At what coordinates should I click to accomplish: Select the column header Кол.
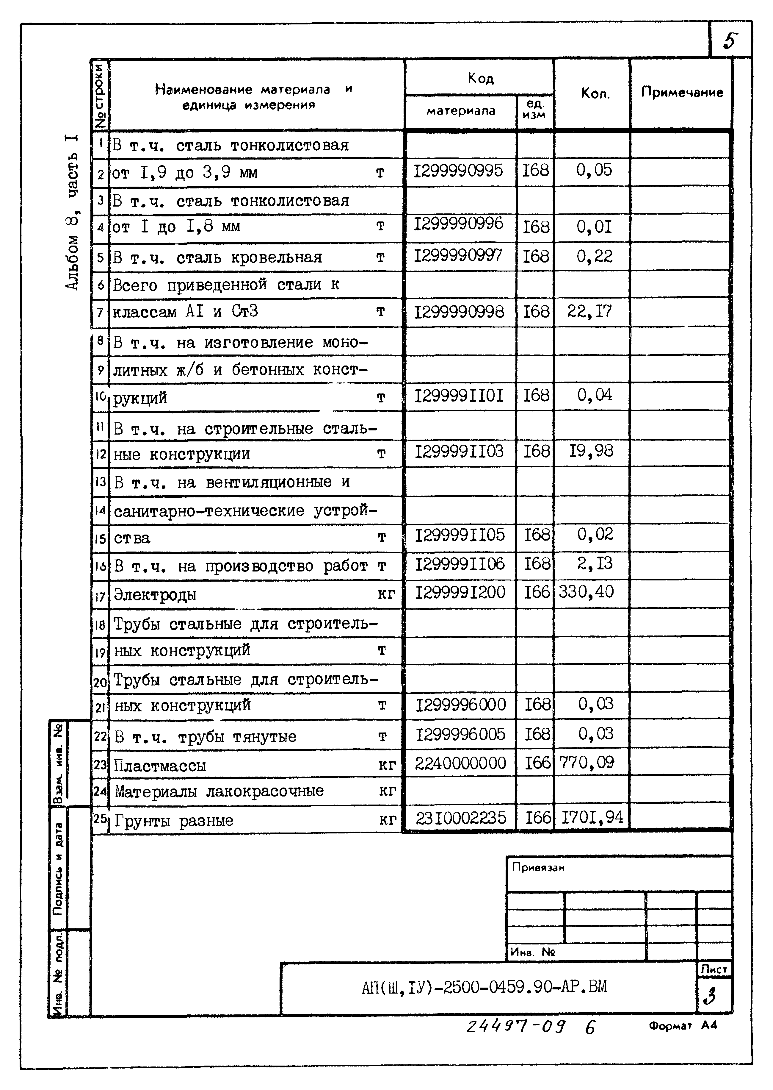595,93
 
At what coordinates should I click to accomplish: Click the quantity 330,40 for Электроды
587,592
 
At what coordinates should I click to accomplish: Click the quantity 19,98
591,451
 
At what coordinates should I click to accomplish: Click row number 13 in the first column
101,482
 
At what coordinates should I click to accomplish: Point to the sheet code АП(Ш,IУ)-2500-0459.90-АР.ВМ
484,987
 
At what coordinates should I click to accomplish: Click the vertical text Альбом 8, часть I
72,212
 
